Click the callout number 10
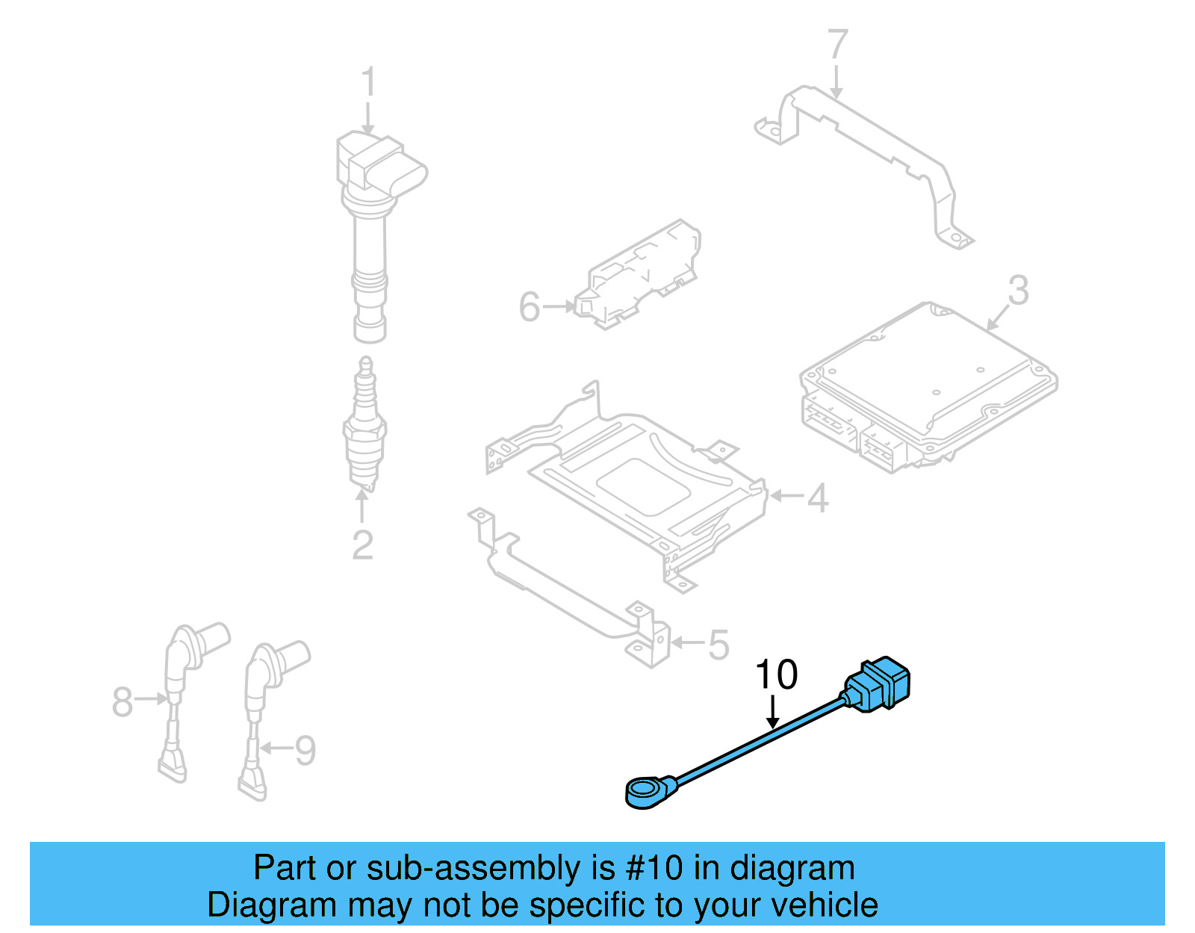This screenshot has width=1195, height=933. coord(776,675)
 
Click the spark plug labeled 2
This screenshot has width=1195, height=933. coord(364,426)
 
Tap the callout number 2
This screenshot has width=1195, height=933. coord(362,545)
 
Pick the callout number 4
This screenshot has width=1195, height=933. coord(819,498)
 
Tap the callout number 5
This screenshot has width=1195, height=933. coord(718,645)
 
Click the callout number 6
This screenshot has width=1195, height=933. coord(529,307)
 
